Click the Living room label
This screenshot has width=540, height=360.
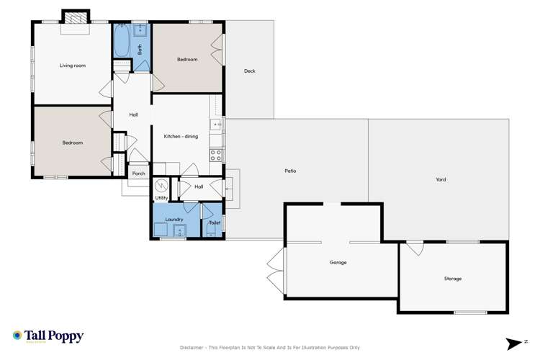[x=72, y=66]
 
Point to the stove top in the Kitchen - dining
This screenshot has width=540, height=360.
[x=215, y=154]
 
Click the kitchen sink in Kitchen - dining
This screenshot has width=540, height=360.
[x=215, y=125]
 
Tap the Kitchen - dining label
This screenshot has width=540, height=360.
[x=181, y=136]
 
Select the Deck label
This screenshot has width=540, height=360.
[x=249, y=71]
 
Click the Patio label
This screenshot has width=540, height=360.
[x=290, y=171]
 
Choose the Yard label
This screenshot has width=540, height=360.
[x=441, y=179]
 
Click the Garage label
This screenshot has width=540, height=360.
[x=338, y=262]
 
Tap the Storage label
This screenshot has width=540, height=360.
[x=452, y=278]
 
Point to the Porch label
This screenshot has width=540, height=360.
[x=138, y=174]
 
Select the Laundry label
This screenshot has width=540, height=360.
[x=174, y=219]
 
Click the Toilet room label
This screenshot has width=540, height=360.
[x=214, y=222]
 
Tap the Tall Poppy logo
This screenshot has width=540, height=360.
[x=48, y=336]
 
